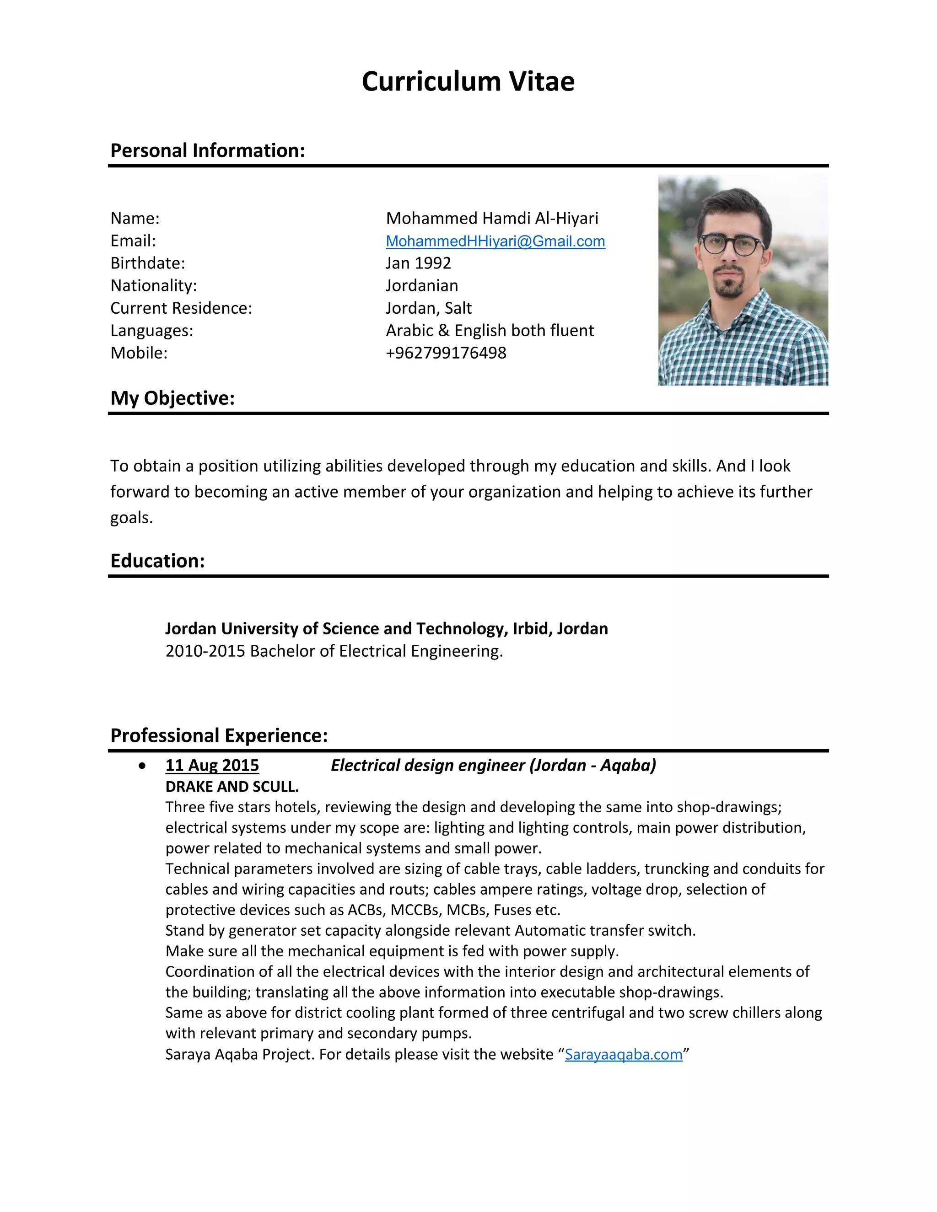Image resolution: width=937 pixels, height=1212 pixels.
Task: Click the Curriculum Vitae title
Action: pos(468,81)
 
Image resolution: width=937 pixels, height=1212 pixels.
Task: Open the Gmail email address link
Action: pos(495,241)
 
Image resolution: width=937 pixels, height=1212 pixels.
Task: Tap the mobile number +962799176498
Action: pos(446,353)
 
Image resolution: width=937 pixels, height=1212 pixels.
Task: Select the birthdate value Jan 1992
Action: pos(418,263)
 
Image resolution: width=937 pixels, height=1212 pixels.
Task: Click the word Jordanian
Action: pos(422,286)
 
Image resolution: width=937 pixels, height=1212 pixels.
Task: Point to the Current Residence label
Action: pos(181,308)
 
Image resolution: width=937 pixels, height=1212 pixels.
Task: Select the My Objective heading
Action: pos(172,398)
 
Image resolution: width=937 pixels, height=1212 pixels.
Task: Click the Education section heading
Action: pos(158,561)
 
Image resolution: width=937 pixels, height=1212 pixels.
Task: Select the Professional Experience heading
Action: pos(219,735)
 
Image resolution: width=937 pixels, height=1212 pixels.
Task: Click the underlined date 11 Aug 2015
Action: pos(212,765)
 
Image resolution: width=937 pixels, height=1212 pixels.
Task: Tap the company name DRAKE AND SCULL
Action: pos(232,786)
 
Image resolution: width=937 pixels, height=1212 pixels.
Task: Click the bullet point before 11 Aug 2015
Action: pos(143,766)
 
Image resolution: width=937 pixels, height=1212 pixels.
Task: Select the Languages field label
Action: pos(151,331)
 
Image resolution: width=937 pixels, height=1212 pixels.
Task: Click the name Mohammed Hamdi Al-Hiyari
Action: pos(492,218)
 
